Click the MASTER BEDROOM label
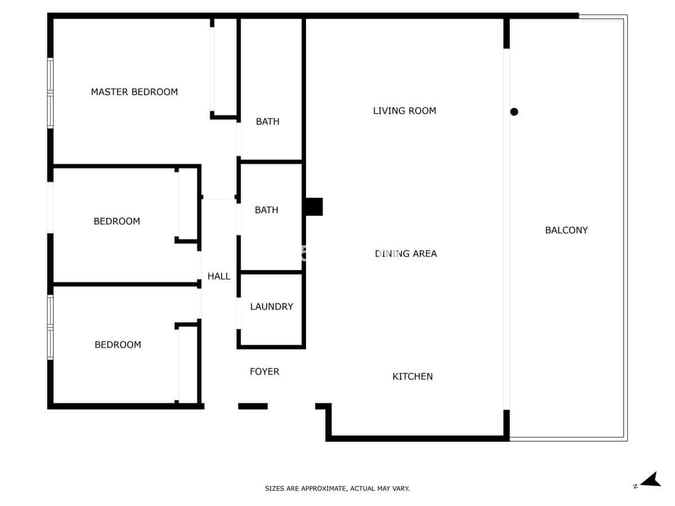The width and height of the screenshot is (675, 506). tap(134, 92)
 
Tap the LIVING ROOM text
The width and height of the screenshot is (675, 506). tap(404, 111)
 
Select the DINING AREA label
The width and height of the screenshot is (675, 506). tap(406, 254)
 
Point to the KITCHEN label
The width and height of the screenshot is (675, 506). tap(412, 377)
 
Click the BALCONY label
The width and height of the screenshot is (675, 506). tap(566, 230)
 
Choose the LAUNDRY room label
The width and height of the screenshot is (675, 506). tap(272, 306)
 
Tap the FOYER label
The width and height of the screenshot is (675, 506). tap(264, 372)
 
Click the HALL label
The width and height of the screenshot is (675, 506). tap(219, 276)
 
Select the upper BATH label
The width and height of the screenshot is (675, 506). tap(268, 121)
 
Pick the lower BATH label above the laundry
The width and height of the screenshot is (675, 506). tap(267, 210)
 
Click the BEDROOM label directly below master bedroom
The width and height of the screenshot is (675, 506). tap(116, 222)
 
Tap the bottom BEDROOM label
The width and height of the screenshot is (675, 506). tap(118, 345)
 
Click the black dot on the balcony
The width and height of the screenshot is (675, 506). tap(514, 112)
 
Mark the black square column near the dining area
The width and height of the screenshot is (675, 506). tap(314, 207)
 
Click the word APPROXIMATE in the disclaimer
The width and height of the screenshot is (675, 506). tap(325, 489)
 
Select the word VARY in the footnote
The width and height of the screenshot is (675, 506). tap(402, 489)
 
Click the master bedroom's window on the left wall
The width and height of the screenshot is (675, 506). tap(50, 93)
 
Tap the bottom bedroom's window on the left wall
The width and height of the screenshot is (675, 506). tap(50, 327)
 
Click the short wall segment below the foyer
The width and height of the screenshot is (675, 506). tap(253, 406)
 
